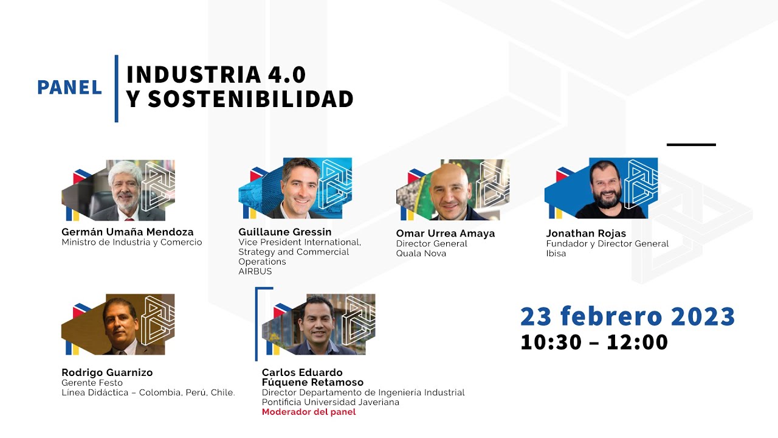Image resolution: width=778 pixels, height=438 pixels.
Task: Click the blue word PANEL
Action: (x=69, y=88)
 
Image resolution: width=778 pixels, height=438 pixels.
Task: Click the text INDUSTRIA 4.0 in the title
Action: (x=216, y=74)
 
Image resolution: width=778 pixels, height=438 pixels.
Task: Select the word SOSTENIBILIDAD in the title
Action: (x=250, y=99)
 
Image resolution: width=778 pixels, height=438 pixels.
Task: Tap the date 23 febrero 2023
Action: (x=627, y=317)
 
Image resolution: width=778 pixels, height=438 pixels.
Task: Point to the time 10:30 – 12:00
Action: (x=594, y=342)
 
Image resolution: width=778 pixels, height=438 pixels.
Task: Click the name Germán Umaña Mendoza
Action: (x=128, y=232)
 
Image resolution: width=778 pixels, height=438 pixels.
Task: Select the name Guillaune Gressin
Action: (x=285, y=232)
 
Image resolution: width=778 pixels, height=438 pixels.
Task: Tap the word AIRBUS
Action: (x=255, y=271)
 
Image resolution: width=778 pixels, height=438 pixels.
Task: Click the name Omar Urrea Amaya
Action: (x=445, y=234)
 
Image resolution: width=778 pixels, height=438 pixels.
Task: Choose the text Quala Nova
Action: (x=421, y=253)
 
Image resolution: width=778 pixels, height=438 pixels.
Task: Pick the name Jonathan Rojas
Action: (x=586, y=234)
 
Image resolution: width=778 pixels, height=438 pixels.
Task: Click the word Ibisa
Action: (x=556, y=253)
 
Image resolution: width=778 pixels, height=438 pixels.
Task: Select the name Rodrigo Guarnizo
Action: (x=107, y=372)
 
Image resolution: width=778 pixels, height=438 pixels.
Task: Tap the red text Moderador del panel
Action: (x=309, y=412)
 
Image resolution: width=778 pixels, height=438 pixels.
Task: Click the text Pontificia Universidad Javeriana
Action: (x=331, y=402)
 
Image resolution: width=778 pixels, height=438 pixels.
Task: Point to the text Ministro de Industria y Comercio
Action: (x=132, y=242)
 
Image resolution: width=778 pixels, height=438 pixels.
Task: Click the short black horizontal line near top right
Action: (x=691, y=145)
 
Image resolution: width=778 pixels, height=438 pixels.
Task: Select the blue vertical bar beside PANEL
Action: (x=116, y=88)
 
